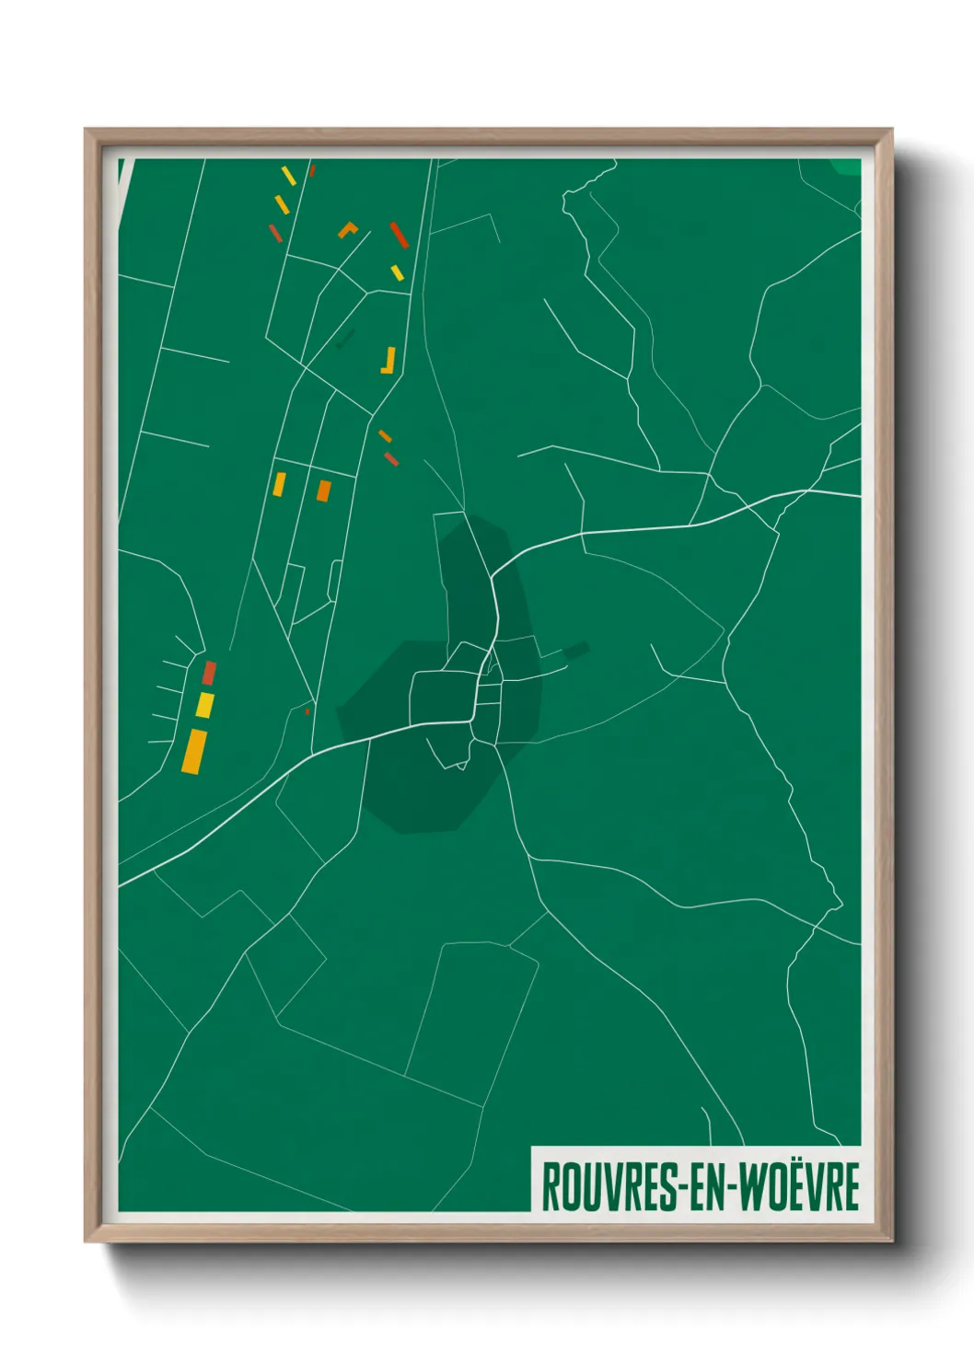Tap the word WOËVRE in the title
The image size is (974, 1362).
click(799, 1187)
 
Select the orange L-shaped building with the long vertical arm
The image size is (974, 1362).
click(389, 361)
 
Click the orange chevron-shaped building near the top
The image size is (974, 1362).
click(347, 229)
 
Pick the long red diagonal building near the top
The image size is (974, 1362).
click(399, 235)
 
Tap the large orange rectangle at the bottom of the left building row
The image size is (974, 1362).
click(193, 751)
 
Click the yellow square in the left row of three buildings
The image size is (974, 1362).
click(204, 706)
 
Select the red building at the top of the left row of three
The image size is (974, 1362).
click(209, 673)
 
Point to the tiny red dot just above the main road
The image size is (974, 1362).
click(307, 710)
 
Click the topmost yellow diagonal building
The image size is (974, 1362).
click(288, 175)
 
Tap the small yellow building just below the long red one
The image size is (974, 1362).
click(397, 272)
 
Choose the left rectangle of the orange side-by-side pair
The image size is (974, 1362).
click(279, 484)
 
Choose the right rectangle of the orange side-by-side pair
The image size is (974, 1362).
click(323, 491)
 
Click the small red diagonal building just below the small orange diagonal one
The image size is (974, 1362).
click(391, 458)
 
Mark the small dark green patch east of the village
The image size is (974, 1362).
click(576, 651)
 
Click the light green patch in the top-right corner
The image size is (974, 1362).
click(846, 167)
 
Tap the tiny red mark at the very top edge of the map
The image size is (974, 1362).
click(312, 169)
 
